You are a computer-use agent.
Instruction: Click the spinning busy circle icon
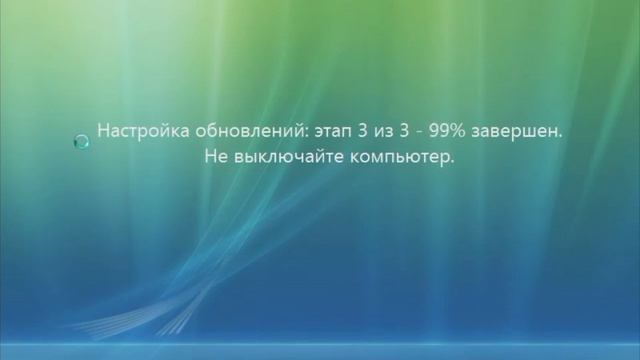tap(82, 143)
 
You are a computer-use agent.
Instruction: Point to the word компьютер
tap(391, 157)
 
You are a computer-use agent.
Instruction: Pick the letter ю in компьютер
tap(402, 157)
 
